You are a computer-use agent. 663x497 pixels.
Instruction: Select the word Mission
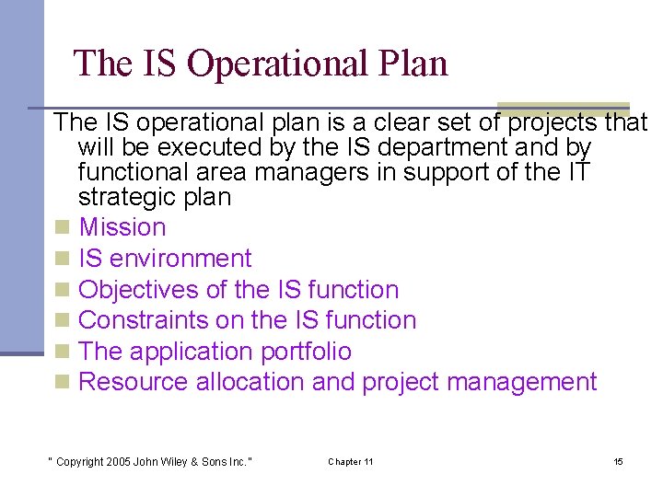click(x=122, y=227)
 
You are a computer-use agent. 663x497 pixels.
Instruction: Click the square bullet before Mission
click(x=62, y=228)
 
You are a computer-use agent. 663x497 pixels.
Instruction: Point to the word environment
click(x=182, y=259)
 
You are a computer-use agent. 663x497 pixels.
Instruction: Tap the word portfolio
click(x=304, y=352)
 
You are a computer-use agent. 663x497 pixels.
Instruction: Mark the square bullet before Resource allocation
click(x=62, y=383)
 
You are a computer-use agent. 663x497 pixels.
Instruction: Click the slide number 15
click(x=618, y=461)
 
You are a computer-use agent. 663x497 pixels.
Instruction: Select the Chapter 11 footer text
click(x=350, y=461)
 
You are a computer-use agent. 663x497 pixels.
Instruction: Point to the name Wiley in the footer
click(x=175, y=461)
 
